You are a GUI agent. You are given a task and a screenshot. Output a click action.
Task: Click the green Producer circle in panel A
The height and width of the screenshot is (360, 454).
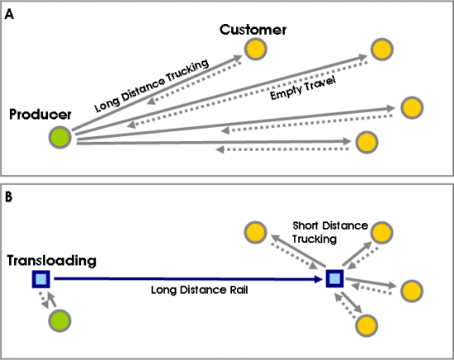60,137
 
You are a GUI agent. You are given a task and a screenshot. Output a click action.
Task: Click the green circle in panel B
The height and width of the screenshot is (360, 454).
59,321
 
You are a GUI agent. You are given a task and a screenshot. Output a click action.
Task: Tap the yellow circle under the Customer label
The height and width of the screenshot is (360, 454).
255,49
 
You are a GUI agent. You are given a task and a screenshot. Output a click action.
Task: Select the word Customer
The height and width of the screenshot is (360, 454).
253,30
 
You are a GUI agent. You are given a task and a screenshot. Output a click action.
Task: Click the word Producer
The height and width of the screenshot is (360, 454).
40,115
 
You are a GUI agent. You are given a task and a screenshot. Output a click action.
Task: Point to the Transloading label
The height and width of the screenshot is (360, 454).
51,260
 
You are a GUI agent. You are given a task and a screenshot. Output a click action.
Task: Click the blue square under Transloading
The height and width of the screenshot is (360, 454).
40,279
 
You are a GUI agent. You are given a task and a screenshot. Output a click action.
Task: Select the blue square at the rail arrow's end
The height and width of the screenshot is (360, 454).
334,278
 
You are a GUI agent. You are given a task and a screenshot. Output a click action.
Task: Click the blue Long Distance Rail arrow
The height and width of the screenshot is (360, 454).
188,279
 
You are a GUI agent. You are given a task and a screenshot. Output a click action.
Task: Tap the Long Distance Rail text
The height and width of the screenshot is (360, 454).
200,290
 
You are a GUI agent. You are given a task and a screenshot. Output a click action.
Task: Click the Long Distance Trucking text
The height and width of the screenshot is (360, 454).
151,85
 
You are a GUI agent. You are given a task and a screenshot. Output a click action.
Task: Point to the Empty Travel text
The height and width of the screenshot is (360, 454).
303,88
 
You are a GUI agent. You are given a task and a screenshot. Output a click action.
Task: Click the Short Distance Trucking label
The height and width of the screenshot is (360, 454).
330,232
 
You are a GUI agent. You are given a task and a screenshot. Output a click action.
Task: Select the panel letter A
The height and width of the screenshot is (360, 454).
9,14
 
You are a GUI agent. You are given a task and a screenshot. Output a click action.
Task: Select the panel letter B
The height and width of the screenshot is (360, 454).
9,197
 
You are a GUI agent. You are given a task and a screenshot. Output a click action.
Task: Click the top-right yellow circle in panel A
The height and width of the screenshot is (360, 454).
382,49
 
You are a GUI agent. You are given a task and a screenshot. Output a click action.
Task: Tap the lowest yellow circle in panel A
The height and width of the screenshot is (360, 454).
367,142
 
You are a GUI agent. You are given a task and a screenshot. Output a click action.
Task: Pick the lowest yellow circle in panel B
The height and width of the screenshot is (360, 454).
367,325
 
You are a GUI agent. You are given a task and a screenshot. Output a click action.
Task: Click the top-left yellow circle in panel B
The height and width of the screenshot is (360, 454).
255,232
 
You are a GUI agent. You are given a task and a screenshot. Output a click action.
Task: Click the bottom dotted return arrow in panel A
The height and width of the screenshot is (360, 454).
282,149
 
